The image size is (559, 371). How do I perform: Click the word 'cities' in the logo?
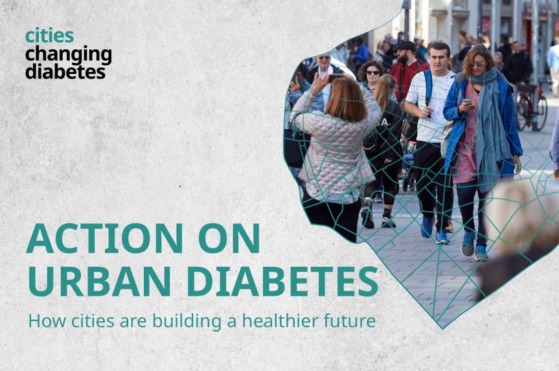(49, 36)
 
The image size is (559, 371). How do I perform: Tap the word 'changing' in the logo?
(68, 54)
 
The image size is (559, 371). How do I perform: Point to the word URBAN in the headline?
(100, 280)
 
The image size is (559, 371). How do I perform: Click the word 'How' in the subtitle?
(41, 320)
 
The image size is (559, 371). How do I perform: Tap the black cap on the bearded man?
(407, 46)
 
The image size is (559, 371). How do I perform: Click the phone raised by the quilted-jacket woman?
(335, 77)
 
